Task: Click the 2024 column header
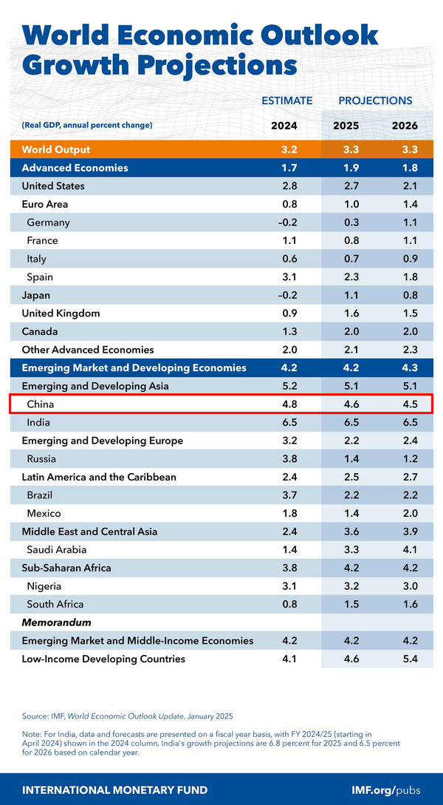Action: coord(284,125)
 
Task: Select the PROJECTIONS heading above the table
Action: coord(375,101)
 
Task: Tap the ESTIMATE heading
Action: coord(286,101)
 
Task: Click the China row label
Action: coord(41,404)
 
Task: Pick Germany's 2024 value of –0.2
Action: coord(284,223)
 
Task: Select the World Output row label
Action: coord(57,149)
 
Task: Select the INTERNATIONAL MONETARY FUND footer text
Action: coord(114,789)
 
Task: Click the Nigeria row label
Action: coord(45,586)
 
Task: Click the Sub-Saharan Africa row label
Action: coord(66,568)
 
